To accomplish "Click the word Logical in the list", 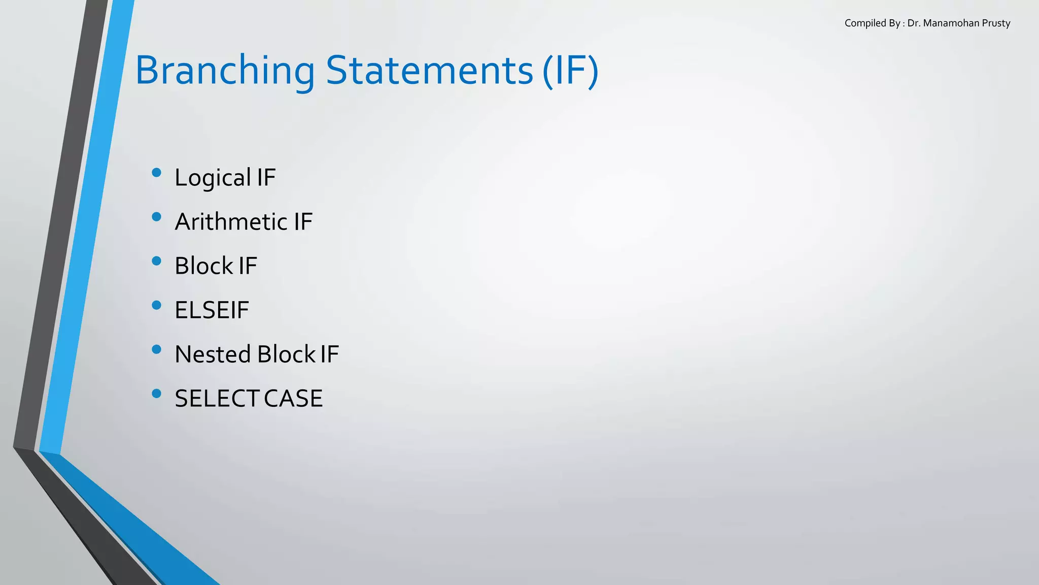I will click(213, 178).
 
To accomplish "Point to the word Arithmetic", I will click(231, 222).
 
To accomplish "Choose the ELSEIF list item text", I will click(212, 310).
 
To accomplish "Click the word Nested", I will click(213, 354).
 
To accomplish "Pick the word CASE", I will click(293, 399).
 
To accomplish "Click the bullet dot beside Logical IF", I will click(156, 173).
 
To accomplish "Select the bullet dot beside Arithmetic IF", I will click(156, 217).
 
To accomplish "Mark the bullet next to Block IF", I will click(156, 261).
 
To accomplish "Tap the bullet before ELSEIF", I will click(156, 305).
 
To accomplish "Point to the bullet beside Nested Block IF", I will click(156, 349).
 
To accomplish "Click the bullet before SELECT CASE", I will click(156, 394).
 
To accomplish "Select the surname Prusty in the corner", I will click(996, 23).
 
